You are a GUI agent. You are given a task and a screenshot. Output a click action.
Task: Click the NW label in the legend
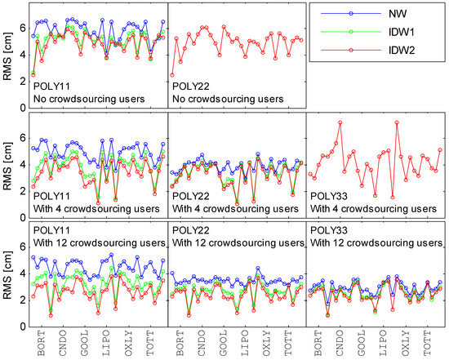pyautogui.click(x=398, y=13)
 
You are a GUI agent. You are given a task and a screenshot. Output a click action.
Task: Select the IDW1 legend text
pyautogui.click(x=402, y=32)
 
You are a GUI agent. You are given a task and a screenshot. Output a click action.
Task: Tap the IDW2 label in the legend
pyautogui.click(x=402, y=51)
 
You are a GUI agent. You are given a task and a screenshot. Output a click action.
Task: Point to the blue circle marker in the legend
pyautogui.click(x=351, y=13)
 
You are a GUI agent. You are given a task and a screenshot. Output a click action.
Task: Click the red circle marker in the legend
pyautogui.click(x=351, y=51)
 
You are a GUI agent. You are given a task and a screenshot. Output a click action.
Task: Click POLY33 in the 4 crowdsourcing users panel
pyautogui.click(x=329, y=196)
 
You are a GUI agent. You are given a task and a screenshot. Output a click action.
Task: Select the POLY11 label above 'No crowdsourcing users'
pyautogui.click(x=51, y=87)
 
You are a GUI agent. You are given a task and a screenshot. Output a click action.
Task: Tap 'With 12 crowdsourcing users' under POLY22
pyautogui.click(x=238, y=243)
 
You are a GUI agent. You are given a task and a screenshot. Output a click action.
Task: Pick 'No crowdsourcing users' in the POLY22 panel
pyautogui.click(x=228, y=99)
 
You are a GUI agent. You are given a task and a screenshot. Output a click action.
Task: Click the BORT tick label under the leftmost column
pyautogui.click(x=41, y=343)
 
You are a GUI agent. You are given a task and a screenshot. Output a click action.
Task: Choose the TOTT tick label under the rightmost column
pyautogui.click(x=427, y=343)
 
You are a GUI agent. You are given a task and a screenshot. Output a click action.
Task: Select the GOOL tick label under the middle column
pyautogui.click(x=224, y=343)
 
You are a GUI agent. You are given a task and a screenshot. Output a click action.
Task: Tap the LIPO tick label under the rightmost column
pyautogui.click(x=383, y=343)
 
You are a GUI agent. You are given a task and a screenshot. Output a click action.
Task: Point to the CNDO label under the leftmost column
pyautogui.click(x=62, y=343)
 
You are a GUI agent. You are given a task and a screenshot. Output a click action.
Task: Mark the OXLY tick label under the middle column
pyautogui.click(x=267, y=343)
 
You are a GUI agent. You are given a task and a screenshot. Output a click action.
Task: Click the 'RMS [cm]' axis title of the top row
pyautogui.click(x=7, y=56)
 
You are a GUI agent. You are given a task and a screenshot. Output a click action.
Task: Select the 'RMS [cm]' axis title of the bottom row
pyautogui.click(x=7, y=275)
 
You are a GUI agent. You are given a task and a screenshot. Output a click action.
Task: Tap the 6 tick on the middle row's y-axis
pyautogui.click(x=23, y=138)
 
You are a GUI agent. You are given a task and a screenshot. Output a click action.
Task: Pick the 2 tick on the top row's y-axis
pyautogui.click(x=23, y=82)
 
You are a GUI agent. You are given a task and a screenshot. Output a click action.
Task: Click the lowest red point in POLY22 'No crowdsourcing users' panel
pyautogui.click(x=172, y=75)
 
